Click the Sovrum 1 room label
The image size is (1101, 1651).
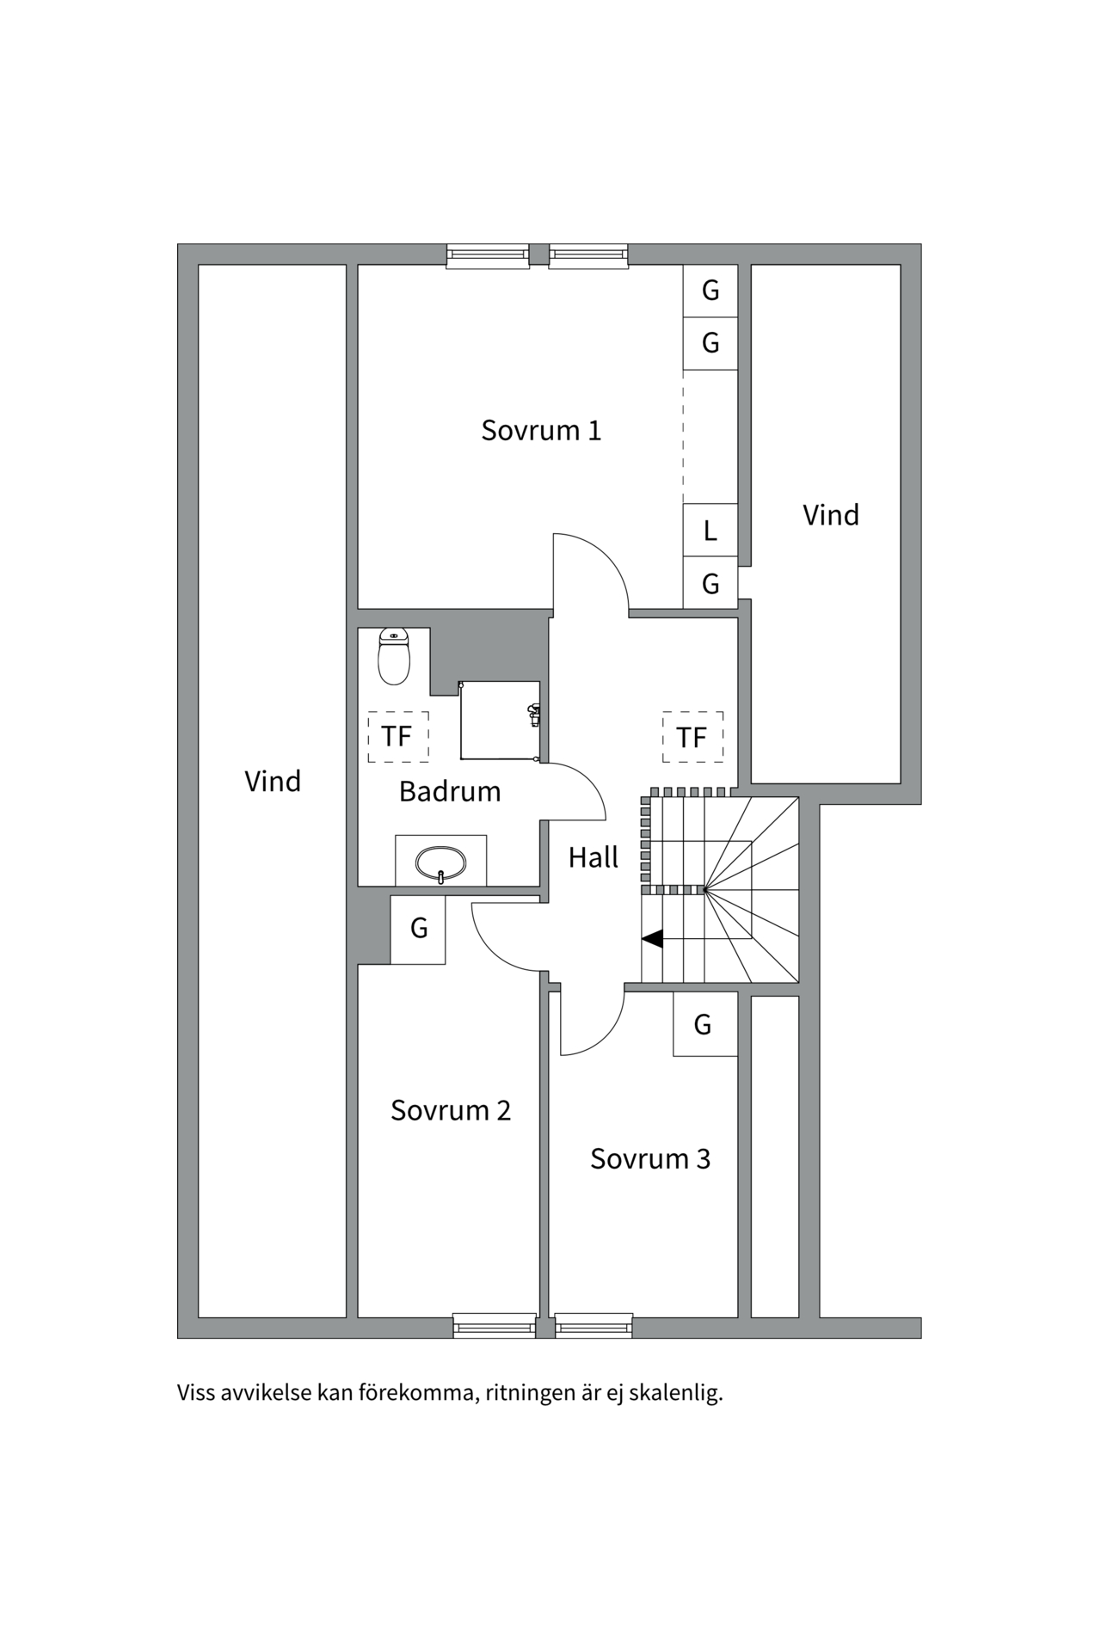click(541, 430)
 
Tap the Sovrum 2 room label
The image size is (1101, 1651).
click(451, 1110)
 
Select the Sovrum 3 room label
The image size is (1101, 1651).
click(650, 1158)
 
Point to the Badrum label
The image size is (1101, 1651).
click(450, 791)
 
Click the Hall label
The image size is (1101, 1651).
click(594, 857)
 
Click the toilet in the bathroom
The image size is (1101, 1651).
click(394, 658)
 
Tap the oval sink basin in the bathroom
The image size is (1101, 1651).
click(440, 862)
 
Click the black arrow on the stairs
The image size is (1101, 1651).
click(653, 939)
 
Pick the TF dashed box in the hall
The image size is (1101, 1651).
click(692, 737)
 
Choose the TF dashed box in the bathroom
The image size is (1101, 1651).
click(397, 736)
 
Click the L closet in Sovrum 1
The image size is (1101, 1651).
click(710, 530)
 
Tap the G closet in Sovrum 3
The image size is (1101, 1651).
click(704, 1024)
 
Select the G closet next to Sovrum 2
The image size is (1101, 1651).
click(419, 929)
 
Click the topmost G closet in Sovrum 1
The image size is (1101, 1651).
click(710, 291)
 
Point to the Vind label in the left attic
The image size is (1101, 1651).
click(273, 782)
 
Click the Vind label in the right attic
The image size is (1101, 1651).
click(831, 515)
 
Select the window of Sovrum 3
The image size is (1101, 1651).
click(594, 1326)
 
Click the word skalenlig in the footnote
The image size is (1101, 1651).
click(675, 1392)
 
